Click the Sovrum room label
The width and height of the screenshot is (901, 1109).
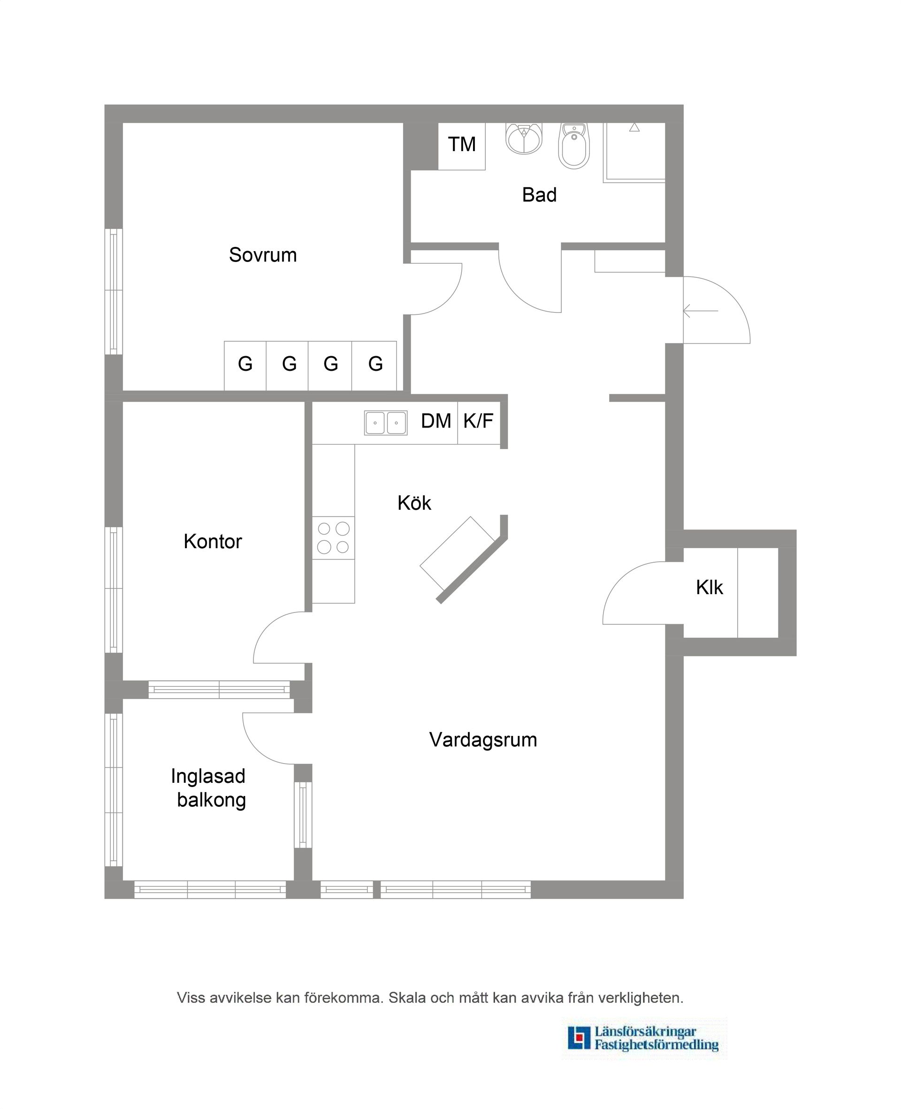pos(263,255)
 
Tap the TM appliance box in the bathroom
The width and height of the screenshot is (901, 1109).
pos(461,145)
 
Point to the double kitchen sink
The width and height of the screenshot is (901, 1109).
pos(385,422)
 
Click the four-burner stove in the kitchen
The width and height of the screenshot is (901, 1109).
pos(333,538)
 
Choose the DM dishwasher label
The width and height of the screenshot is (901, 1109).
pos(435,421)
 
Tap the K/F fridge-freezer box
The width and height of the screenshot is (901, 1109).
pos(478,421)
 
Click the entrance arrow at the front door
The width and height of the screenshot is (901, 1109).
pos(700,311)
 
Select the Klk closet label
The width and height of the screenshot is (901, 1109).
pos(709,588)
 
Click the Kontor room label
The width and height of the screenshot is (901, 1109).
pos(213,541)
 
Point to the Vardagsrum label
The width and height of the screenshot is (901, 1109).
pos(483,740)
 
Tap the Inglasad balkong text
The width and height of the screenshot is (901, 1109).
pos(209,788)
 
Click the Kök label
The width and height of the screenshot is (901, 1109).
pos(414,502)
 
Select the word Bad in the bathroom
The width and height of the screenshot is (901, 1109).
pos(539,195)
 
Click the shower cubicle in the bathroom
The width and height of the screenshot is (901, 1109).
pos(634,152)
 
